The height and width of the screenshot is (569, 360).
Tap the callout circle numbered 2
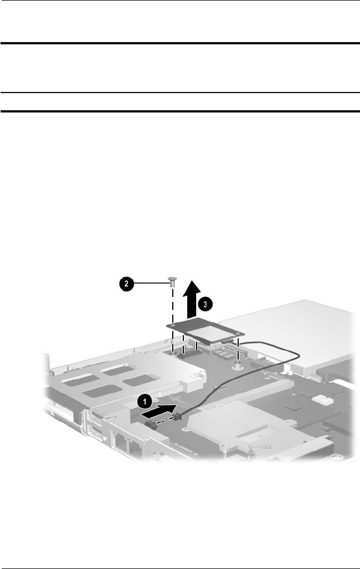coord(126,284)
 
